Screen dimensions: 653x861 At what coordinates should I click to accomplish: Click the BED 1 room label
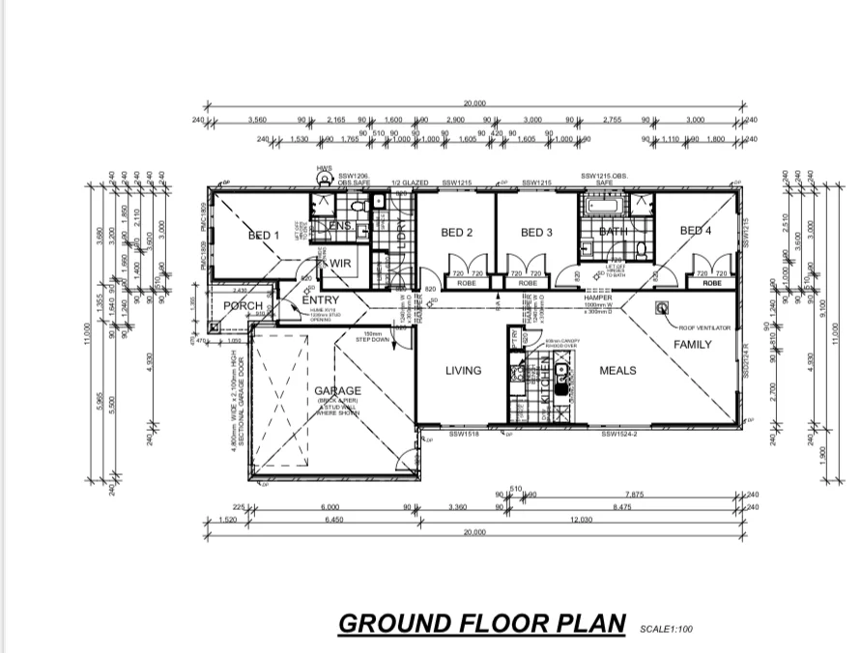pos(263,235)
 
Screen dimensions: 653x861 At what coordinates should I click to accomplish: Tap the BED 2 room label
pos(456,232)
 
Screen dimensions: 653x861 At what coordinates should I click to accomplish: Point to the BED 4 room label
pos(696,231)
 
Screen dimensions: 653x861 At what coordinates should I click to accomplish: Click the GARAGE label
pos(337,390)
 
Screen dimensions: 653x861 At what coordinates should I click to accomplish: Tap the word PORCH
pos(243,306)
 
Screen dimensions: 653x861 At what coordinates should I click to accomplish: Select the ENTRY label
pos(320,300)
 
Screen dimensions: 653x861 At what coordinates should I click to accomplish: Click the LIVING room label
pos(463,370)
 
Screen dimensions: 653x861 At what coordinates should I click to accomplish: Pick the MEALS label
pos(617,370)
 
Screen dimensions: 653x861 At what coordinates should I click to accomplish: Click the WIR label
pos(339,262)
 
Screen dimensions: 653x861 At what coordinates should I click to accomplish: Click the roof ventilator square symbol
pos(663,308)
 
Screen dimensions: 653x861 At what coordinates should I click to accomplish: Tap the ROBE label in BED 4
pos(712,284)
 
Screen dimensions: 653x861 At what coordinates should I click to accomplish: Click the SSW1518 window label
pos(465,435)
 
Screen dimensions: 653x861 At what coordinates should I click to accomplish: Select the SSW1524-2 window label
pos(618,435)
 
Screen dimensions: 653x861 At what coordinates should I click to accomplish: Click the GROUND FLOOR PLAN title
pos(482,623)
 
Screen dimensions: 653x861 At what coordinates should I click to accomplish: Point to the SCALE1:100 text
pos(666,630)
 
